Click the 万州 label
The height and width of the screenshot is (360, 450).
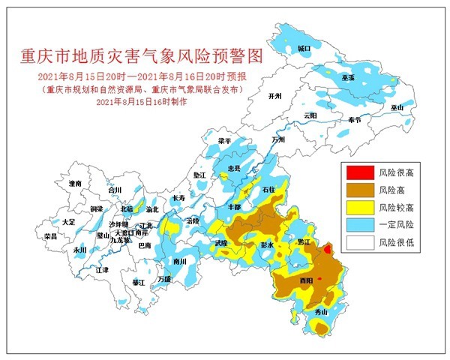(278, 139)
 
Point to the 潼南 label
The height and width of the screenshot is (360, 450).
(74, 183)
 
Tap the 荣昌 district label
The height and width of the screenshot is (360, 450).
(51, 235)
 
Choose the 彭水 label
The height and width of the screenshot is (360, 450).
(266, 244)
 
